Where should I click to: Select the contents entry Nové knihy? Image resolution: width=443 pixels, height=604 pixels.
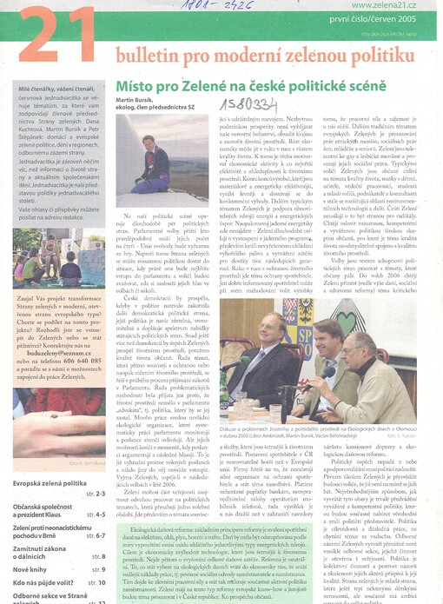click(x=32, y=567)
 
